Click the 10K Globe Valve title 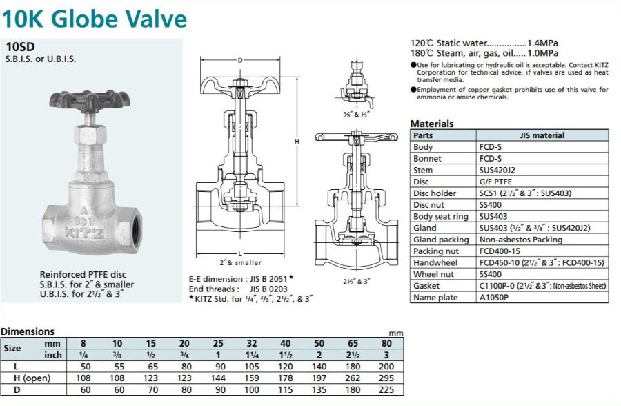[x=95, y=19]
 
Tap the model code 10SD [x=20, y=47]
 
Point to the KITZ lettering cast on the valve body [x=85, y=233]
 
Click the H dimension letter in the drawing [x=297, y=141]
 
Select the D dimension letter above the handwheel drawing [x=240, y=60]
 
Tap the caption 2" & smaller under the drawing [x=240, y=262]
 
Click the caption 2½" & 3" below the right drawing [x=357, y=282]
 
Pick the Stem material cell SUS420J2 [x=497, y=170]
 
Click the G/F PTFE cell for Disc [x=495, y=182]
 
